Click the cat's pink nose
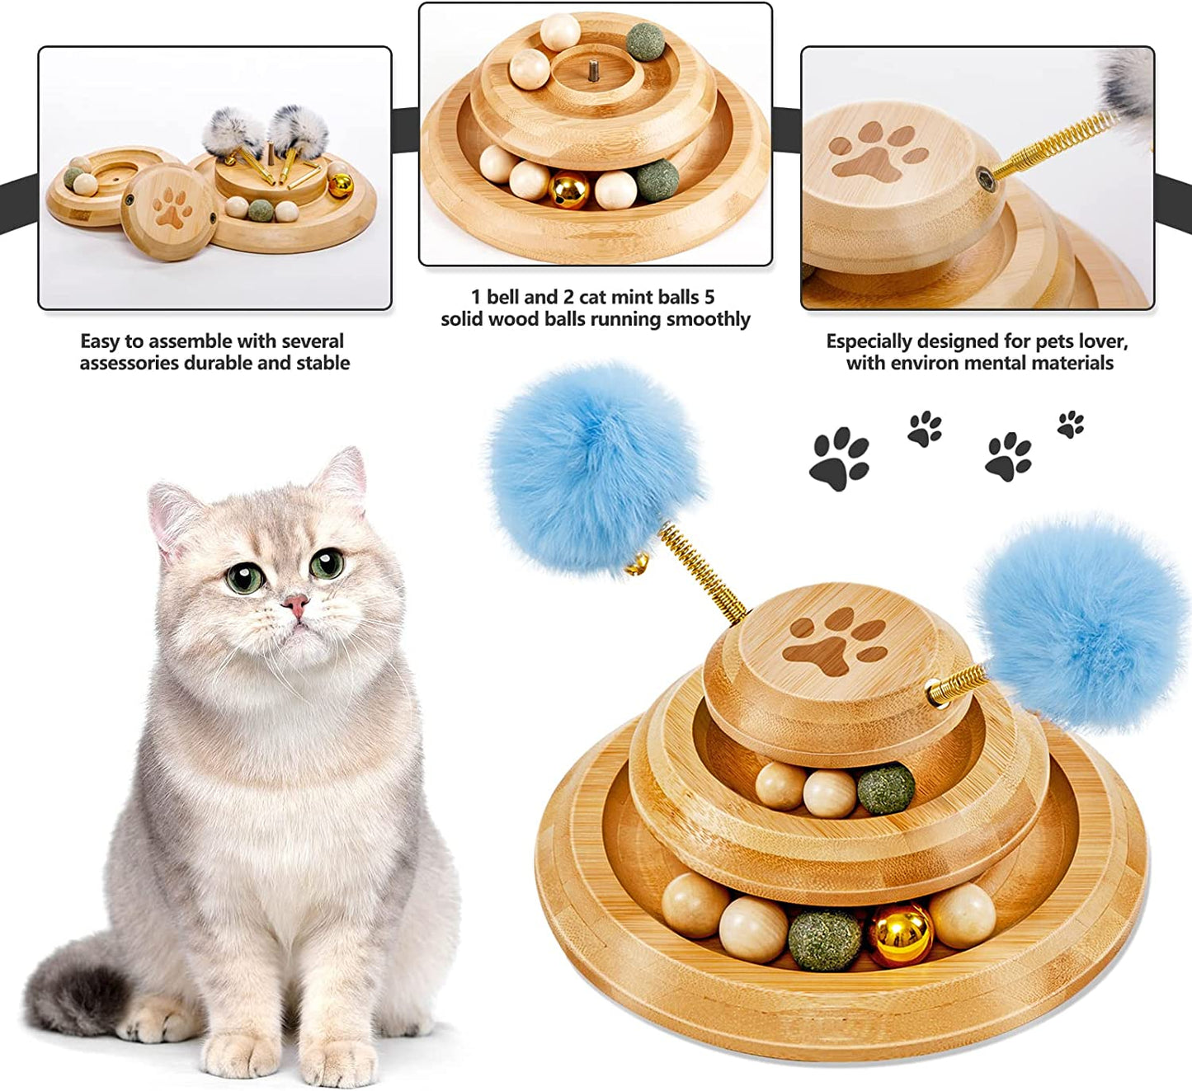[296, 605]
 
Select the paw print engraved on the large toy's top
[834, 642]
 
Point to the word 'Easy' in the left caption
[101, 341]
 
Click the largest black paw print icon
[840, 459]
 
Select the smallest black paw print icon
[1071, 424]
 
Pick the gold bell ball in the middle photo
[568, 190]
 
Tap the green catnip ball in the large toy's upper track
[886, 790]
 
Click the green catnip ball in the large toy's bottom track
[824, 940]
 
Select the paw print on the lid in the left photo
[171, 208]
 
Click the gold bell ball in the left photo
[340, 185]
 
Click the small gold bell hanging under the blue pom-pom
[636, 564]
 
